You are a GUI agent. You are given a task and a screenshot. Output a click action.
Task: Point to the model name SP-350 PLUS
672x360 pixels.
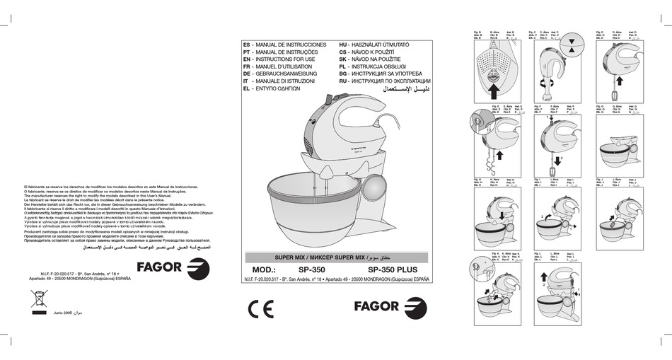coord(396,269)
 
